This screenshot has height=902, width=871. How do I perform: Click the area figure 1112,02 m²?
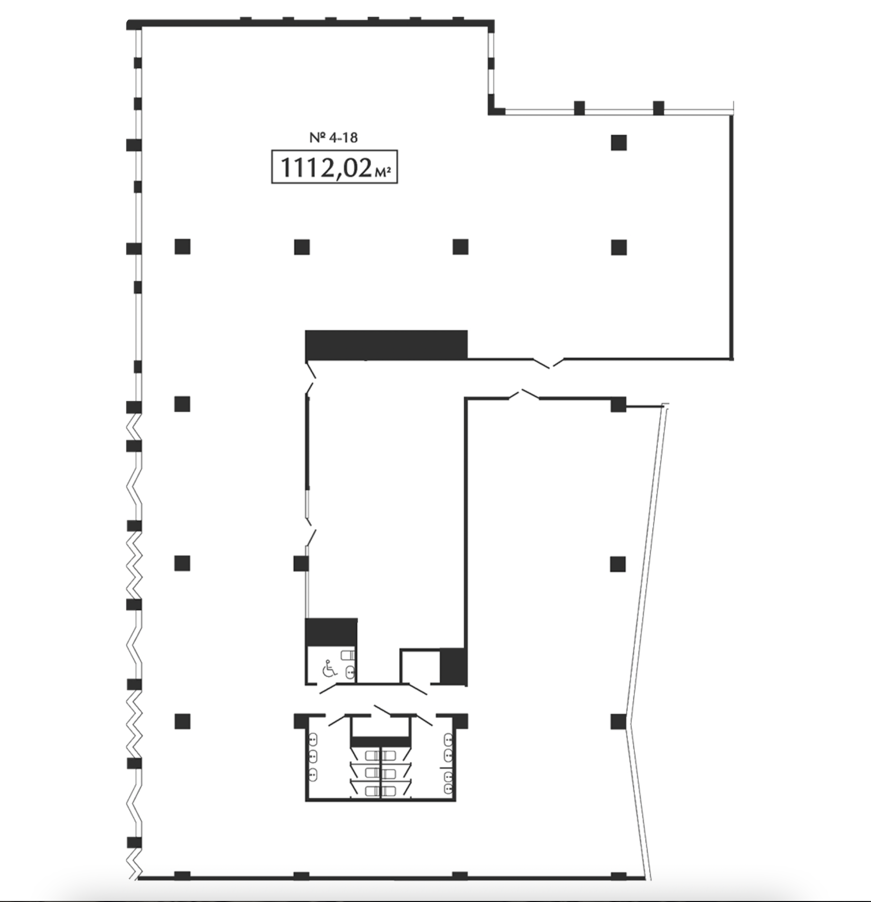[335, 167]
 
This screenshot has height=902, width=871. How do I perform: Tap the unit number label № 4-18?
[334, 138]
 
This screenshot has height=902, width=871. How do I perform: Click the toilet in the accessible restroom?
[347, 655]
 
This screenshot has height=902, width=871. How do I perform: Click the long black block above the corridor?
[386, 345]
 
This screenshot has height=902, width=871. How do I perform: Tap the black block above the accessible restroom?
[331, 632]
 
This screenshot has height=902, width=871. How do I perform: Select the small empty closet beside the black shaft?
[420, 666]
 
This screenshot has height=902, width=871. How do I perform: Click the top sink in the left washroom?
[313, 738]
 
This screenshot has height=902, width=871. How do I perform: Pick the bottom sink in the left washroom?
[313, 776]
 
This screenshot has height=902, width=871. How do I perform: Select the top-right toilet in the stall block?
[389, 755]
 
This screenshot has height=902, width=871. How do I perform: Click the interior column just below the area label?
[302, 247]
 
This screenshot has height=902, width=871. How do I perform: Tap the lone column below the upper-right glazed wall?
[619, 143]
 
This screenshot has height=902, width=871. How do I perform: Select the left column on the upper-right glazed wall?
[580, 108]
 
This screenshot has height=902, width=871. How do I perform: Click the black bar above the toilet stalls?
[380, 742]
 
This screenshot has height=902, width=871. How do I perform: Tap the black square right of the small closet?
[453, 666]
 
